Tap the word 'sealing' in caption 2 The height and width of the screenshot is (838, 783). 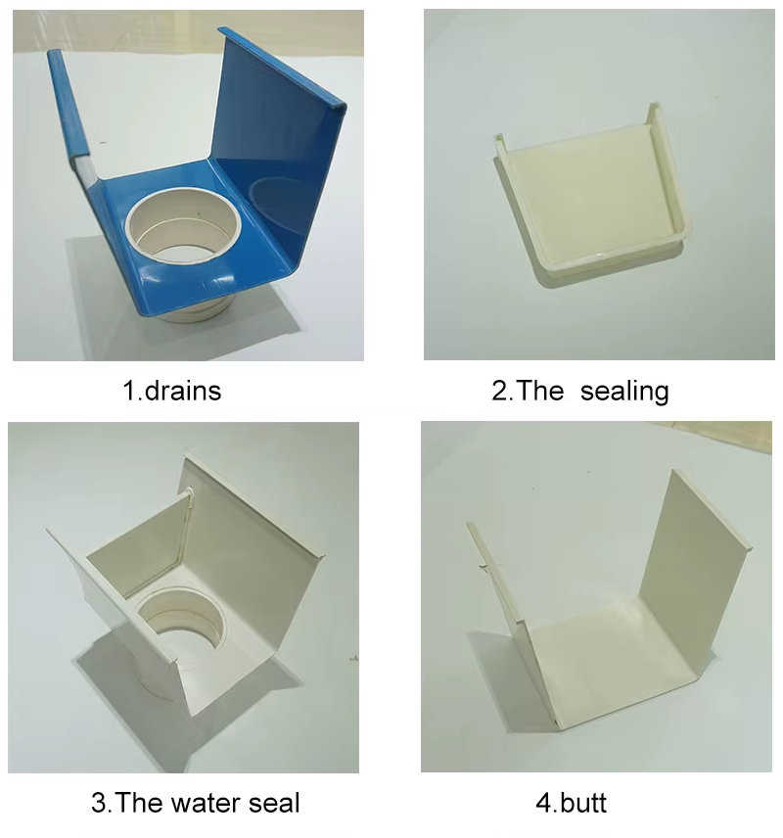coord(624,392)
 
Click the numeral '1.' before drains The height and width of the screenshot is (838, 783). coord(131,392)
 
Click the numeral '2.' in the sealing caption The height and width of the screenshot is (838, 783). coord(500,392)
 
